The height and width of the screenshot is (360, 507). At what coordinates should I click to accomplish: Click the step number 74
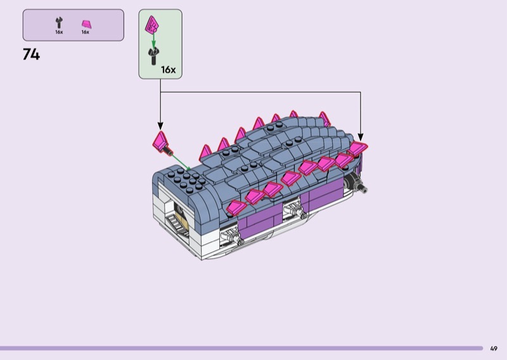point(31,55)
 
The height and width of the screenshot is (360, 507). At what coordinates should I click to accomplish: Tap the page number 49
point(494,349)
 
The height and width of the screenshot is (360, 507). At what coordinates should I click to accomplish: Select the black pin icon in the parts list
point(59,23)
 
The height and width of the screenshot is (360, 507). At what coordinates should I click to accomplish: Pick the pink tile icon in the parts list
point(86,24)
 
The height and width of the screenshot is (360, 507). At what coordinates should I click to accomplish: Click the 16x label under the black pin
point(59,32)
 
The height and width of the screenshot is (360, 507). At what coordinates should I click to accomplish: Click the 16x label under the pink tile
point(86,32)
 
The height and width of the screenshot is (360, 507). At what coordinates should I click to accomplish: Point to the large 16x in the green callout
point(169,70)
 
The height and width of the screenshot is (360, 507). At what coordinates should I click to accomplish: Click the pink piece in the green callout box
point(151,24)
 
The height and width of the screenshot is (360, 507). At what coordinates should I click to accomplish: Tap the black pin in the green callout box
point(153,56)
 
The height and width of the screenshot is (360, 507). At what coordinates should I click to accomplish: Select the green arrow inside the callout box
point(153,40)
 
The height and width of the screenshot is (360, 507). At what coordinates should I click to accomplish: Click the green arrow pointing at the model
point(181,162)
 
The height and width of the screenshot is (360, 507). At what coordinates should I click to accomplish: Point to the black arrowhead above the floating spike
point(160,126)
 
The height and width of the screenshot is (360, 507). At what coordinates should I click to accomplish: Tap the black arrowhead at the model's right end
point(361,137)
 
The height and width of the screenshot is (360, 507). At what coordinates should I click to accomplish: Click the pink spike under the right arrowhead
point(357,148)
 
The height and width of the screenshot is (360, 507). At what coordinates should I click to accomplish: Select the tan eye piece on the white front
point(179,216)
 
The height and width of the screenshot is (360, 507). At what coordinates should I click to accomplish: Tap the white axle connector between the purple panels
point(294,209)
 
